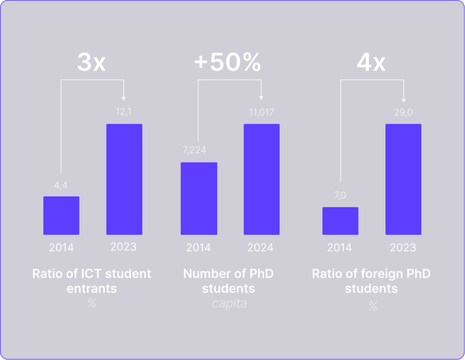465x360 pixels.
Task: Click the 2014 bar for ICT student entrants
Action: point(61,215)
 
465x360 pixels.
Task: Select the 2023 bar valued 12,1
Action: point(124,179)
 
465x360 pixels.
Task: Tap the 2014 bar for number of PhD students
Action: point(199,198)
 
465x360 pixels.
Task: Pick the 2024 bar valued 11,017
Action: point(261,179)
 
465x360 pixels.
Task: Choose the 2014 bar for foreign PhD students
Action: point(340,221)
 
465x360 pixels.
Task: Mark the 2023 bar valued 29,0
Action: point(403,179)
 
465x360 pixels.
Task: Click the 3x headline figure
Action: point(92,63)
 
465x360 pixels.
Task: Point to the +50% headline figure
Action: point(227,63)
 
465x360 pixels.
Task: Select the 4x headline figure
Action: point(371,63)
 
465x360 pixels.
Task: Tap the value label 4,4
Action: point(61,185)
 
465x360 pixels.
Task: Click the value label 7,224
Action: point(195,150)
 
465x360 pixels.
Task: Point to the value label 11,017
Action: point(261,112)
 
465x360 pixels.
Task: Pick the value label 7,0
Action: point(340,196)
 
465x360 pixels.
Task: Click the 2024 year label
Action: point(261,248)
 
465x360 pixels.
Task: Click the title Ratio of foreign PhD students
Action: point(371,280)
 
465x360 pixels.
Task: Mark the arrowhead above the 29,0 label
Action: point(403,100)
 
